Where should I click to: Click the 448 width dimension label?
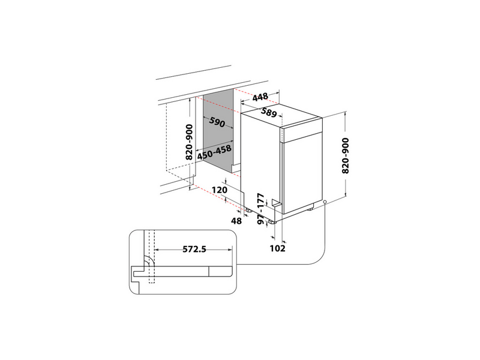[x=260, y=98]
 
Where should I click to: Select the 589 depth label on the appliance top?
[x=271, y=112]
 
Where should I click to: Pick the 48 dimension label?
[x=236, y=221]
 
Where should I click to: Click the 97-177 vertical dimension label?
[x=260, y=209]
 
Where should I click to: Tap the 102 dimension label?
[x=278, y=248]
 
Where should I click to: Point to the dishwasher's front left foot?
[x=273, y=221]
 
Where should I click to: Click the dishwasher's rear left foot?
[x=247, y=210]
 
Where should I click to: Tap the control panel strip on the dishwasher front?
[x=302, y=134]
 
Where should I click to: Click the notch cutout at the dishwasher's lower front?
[x=277, y=203]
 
